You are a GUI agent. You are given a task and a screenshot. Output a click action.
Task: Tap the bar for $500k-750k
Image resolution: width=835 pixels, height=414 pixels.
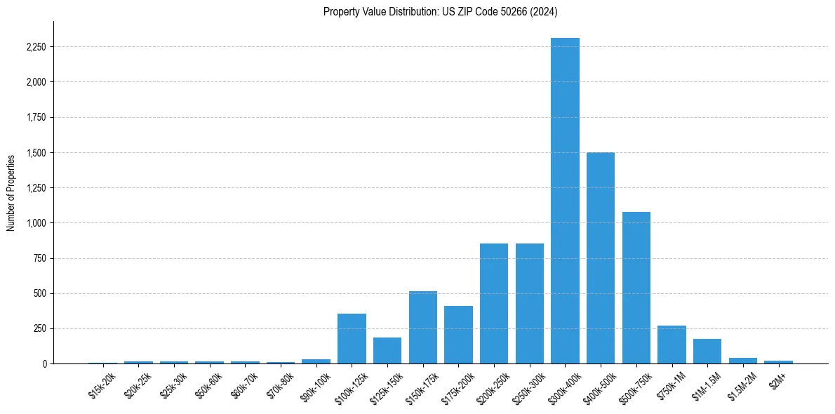point(636,288)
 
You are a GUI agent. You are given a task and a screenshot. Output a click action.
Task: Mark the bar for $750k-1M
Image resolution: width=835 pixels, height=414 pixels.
point(672,345)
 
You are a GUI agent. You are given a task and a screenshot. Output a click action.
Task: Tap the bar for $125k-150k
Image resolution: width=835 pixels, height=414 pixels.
point(387,351)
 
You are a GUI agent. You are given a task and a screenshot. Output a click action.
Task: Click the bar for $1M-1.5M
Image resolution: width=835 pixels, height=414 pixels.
point(707,352)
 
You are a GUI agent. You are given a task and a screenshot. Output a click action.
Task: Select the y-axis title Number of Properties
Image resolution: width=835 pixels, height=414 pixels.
point(11,192)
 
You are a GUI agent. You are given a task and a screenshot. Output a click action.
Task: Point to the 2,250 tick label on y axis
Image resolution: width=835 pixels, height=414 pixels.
point(34,47)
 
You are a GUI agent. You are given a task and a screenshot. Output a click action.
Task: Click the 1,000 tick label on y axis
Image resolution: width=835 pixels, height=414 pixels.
point(34,223)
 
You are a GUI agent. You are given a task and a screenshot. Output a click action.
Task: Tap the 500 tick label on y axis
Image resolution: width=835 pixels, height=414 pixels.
point(39,293)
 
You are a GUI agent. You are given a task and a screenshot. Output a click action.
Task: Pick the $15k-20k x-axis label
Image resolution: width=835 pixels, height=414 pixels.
point(102,385)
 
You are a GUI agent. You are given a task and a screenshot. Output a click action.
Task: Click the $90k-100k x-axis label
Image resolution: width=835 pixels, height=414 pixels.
point(315,387)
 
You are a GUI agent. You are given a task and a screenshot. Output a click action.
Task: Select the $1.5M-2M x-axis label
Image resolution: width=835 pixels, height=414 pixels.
point(741,385)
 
